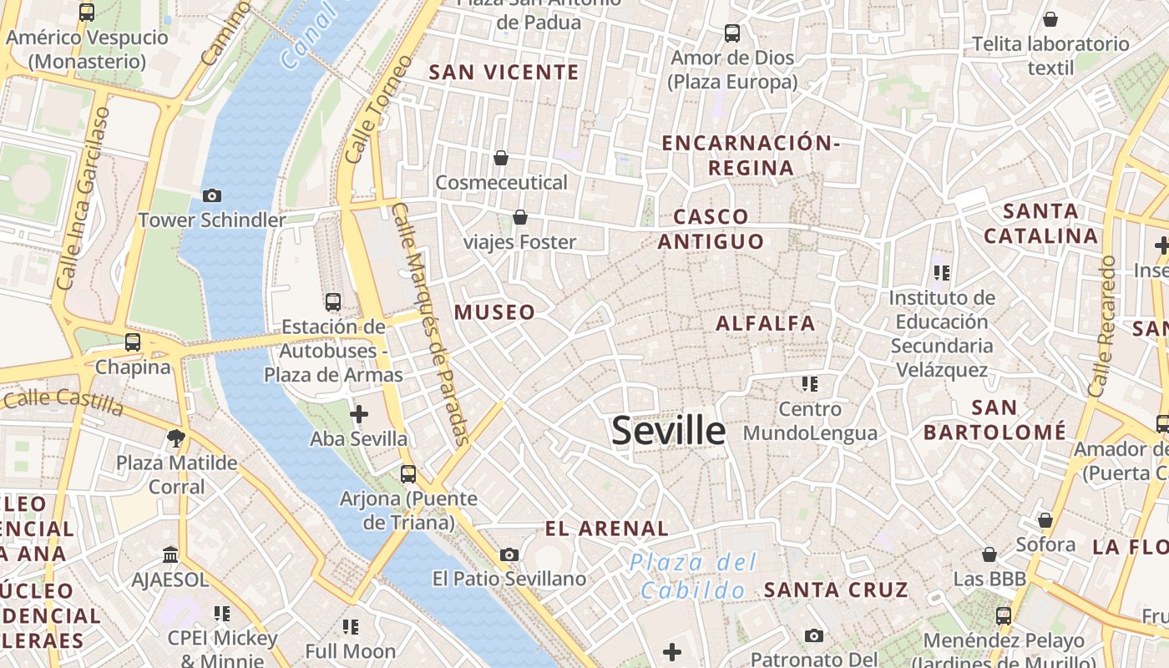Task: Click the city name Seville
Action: pos(668,431)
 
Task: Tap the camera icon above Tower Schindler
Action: pos(212,195)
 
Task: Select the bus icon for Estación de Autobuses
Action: pos(333,301)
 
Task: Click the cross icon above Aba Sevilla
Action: pos(359,413)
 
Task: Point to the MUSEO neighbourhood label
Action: pos(494,312)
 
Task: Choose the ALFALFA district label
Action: pos(765,323)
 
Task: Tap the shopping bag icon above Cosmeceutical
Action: pos(501,157)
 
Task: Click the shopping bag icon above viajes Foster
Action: pos(520,217)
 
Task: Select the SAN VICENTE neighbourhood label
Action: pos(504,72)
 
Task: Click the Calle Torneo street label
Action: pos(378,109)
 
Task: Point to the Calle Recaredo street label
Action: pos(1102,326)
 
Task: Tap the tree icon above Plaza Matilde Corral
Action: pos(176,437)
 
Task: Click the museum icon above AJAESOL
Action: pos(170,554)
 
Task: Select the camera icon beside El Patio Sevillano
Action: pos(509,554)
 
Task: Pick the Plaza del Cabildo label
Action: pos(693,576)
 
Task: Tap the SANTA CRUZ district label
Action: pos(835,590)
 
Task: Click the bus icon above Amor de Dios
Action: pos(732,33)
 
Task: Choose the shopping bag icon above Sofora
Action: pos(1045,520)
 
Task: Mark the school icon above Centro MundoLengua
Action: pos(809,384)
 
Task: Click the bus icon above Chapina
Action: pos(133,342)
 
